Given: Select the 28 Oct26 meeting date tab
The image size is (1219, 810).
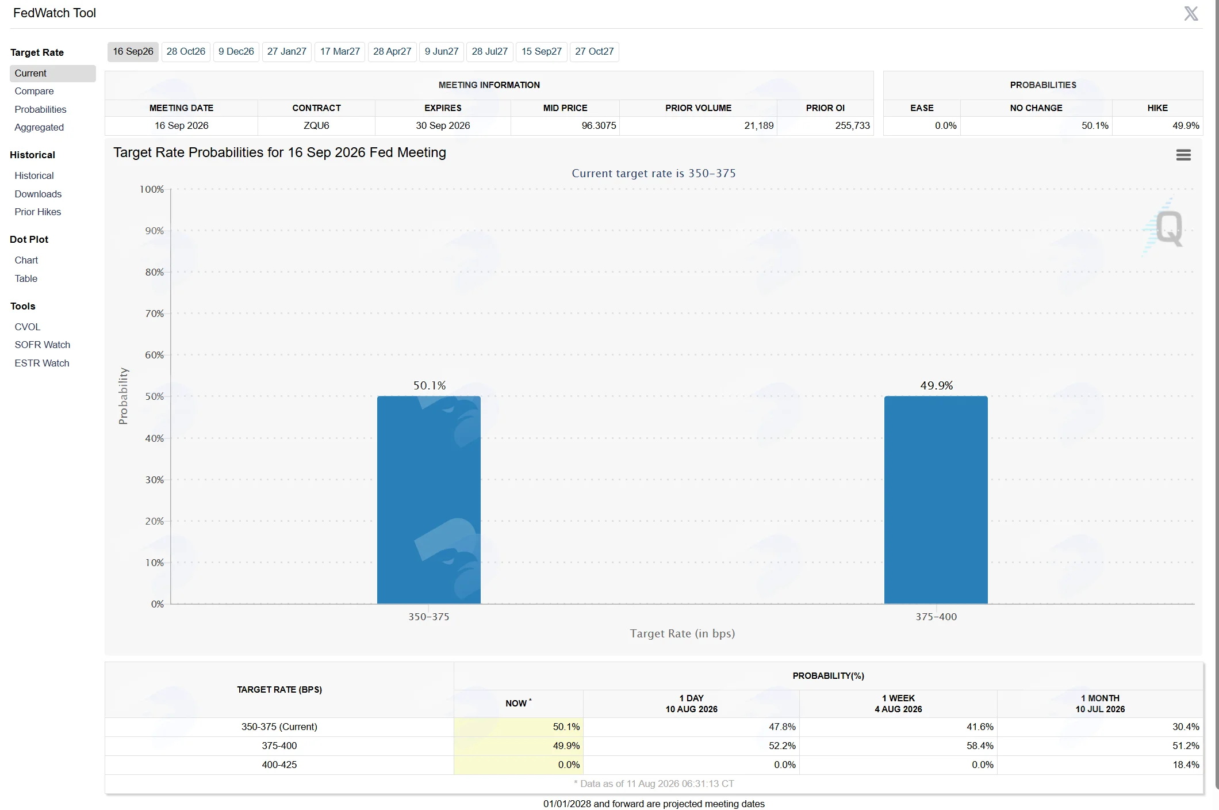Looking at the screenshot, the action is [x=186, y=52].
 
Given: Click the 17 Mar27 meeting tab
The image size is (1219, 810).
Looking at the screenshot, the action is [x=340, y=52].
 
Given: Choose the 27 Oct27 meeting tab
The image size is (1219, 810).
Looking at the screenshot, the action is [x=594, y=52].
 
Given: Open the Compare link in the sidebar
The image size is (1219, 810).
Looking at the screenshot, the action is [x=34, y=91].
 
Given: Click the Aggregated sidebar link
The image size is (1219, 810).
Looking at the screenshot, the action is [x=39, y=128].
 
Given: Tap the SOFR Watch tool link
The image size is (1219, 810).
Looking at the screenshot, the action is [x=43, y=345].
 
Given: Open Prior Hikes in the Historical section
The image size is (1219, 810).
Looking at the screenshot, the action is [x=38, y=212].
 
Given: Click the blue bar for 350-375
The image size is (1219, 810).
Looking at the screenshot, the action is [x=429, y=500].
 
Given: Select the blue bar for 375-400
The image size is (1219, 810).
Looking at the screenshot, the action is [x=936, y=500].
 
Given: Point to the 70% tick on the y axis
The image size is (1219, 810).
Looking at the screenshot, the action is [x=154, y=314].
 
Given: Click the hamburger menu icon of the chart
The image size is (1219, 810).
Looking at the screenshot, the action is [x=1183, y=155].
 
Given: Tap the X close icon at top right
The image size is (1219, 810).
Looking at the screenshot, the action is [x=1191, y=13].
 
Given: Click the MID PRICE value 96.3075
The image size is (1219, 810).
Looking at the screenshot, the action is [x=599, y=126].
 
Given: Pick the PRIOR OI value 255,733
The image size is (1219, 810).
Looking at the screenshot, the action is [x=852, y=126].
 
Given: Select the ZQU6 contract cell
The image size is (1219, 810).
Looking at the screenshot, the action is [x=316, y=126].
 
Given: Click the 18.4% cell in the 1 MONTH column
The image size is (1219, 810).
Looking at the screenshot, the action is [x=1186, y=765].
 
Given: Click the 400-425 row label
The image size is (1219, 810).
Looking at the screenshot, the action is [x=279, y=765].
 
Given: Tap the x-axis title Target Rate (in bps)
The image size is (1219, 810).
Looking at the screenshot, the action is [x=683, y=634].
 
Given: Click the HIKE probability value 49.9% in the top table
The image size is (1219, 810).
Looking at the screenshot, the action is [x=1186, y=126].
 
